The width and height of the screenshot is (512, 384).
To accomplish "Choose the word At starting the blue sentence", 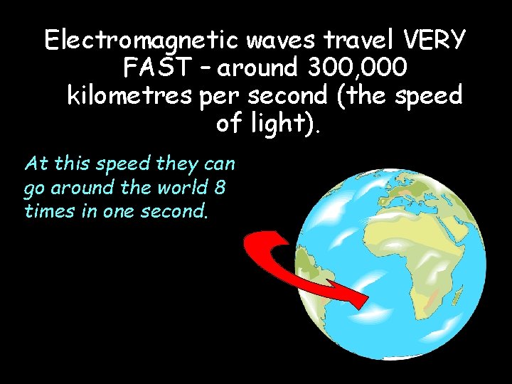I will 36,164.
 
